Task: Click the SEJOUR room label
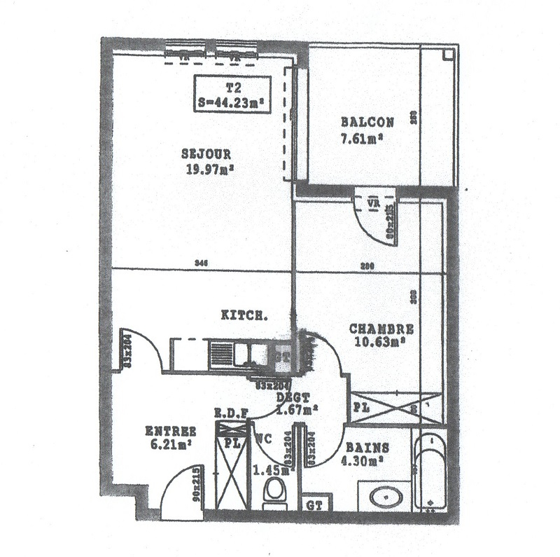[206, 154]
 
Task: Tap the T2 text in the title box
[233, 88]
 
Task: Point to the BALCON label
[367, 121]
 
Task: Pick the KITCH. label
[244, 315]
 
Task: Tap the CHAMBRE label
[381, 329]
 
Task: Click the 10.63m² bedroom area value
[381, 342]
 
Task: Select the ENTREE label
[170, 431]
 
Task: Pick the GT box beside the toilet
[313, 504]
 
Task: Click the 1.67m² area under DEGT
[297, 410]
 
